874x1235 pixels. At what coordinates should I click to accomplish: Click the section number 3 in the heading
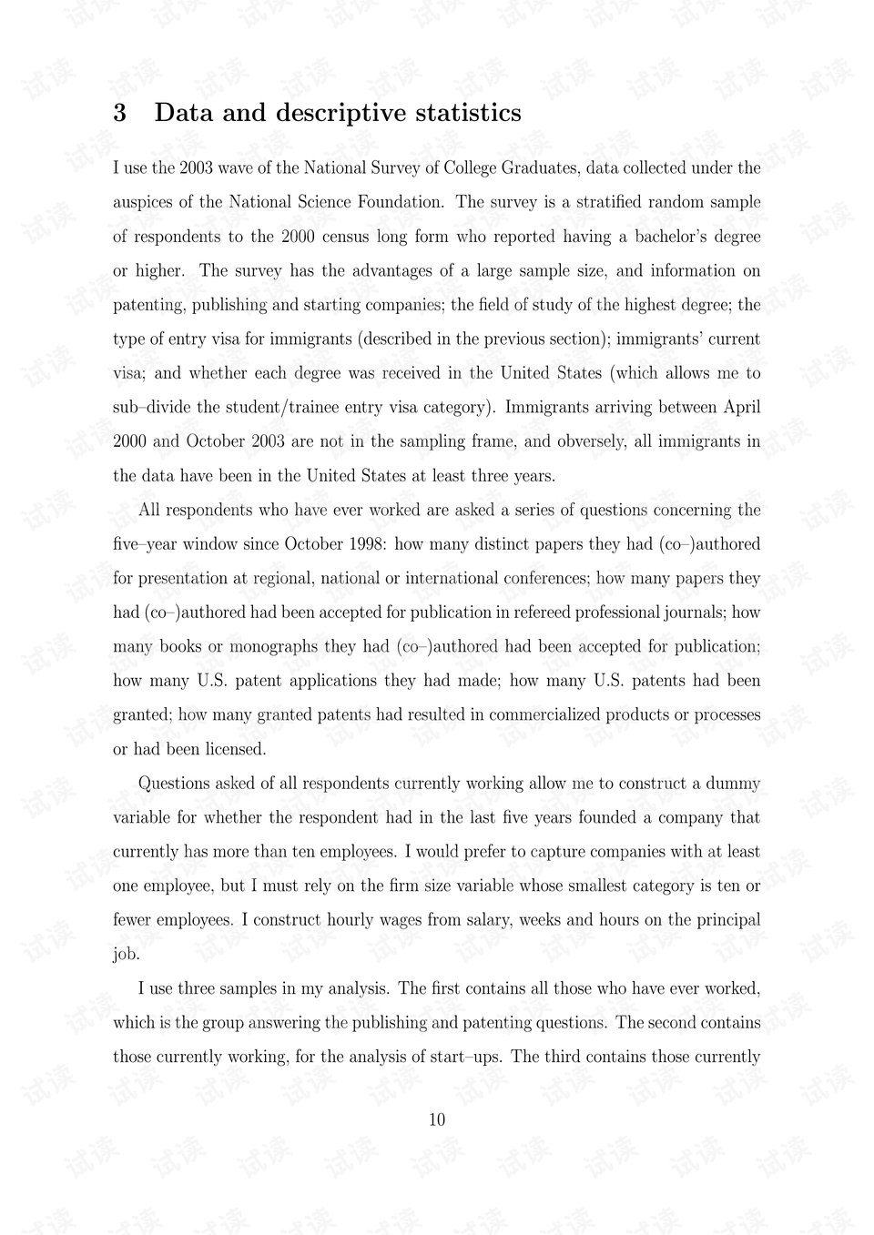pos(119,113)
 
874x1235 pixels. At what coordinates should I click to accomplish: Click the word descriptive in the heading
pos(341,113)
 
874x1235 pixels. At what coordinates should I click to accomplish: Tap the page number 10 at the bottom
pos(437,1119)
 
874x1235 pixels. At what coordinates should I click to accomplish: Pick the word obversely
pos(596,441)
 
